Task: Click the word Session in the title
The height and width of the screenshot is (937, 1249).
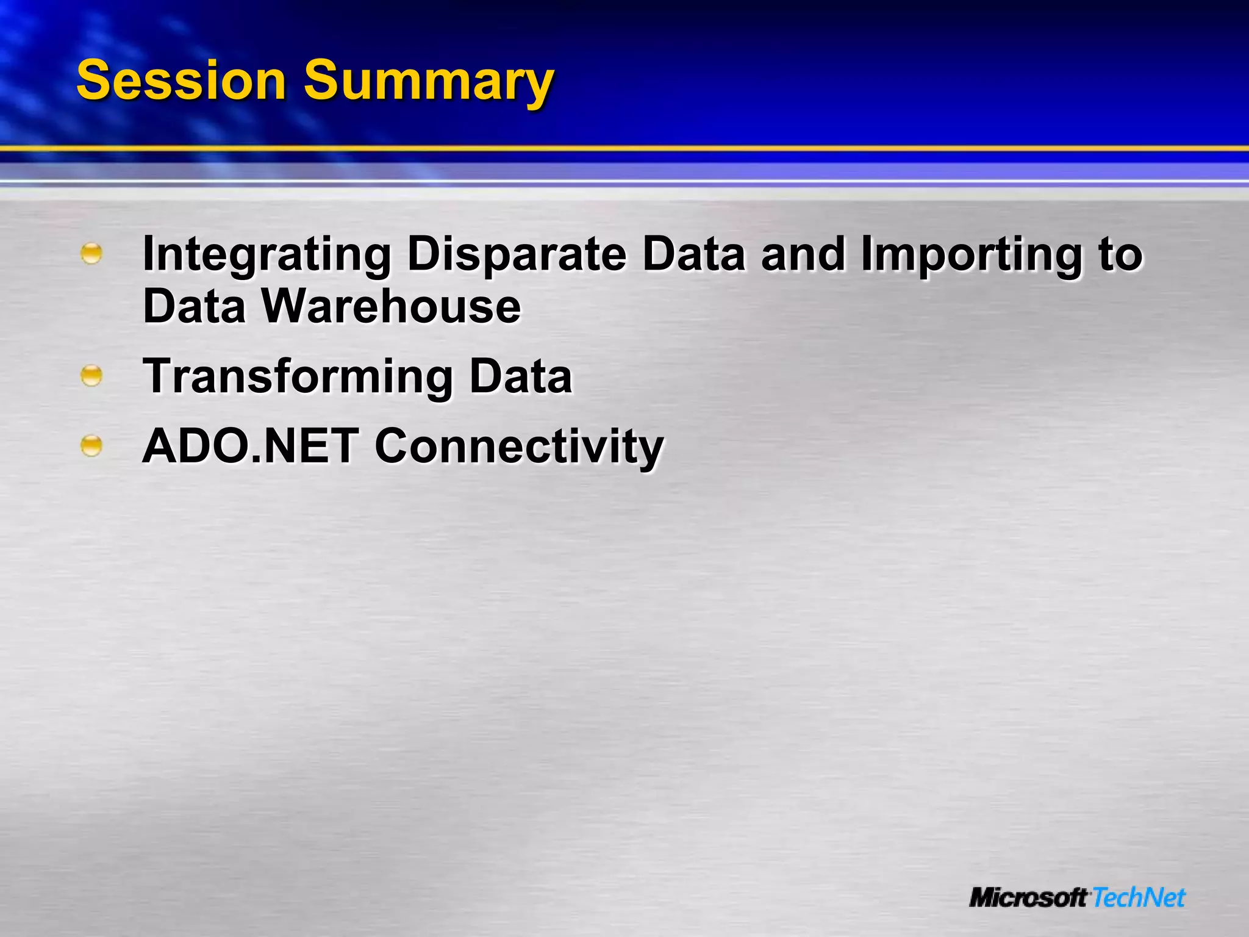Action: coord(181,81)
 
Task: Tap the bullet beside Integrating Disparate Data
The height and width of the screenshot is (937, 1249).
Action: coord(91,253)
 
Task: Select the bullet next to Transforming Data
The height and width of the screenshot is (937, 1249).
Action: coord(91,376)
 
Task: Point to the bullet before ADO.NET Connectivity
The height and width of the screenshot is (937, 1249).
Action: coord(91,446)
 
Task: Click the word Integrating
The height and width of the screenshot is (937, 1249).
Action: coord(267,255)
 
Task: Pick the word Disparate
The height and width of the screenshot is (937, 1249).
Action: coord(517,255)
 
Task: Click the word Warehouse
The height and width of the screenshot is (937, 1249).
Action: coord(391,306)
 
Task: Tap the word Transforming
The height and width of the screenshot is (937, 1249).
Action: coord(298,377)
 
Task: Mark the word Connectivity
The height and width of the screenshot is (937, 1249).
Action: coord(519,447)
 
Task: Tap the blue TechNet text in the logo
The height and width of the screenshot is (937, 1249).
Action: coord(1139,898)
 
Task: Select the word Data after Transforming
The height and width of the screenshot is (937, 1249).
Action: coord(521,376)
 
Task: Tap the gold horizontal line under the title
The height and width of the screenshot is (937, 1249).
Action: coord(624,148)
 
